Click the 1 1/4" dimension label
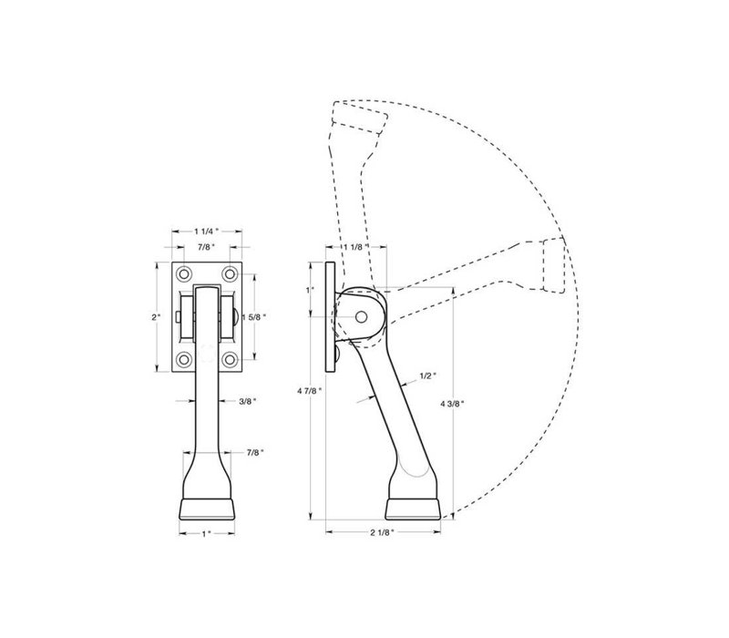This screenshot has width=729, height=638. point(207,231)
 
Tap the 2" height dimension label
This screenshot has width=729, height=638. point(156,317)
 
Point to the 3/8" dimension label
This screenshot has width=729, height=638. point(247,401)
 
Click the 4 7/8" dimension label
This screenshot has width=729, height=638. point(310,391)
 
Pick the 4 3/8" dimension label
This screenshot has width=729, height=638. point(452,404)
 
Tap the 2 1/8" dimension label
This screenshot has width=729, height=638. point(382,532)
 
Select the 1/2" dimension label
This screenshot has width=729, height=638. point(428,376)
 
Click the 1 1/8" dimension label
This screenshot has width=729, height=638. point(356,247)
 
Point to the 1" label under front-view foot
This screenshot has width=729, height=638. point(207,533)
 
